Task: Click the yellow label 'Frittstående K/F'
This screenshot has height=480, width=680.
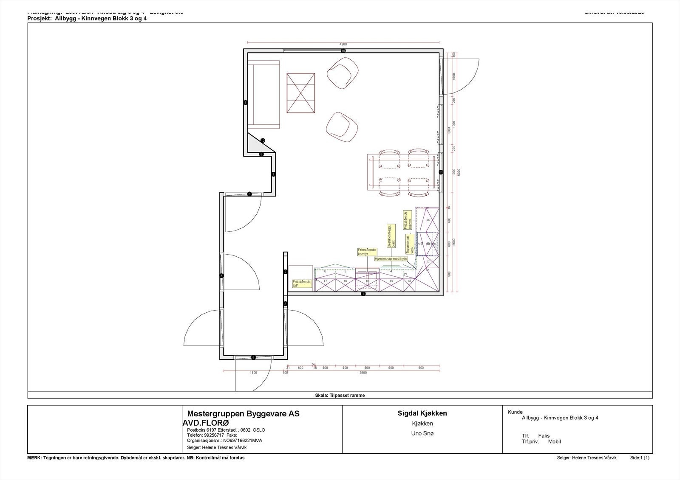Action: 301,284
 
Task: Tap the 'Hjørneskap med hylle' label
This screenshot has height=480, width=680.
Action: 391,258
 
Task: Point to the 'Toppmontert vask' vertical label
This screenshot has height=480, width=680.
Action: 409,244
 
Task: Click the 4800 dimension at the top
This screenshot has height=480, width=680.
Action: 343,44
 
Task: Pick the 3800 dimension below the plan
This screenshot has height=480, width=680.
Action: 363,373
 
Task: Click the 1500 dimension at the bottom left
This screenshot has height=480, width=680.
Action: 253,373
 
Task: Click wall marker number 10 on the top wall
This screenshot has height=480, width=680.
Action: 343,51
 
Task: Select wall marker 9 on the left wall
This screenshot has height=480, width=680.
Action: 245,102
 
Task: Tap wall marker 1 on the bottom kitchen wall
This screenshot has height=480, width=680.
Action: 363,294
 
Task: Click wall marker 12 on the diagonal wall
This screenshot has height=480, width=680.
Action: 263,140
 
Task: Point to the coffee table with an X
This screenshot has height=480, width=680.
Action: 301,93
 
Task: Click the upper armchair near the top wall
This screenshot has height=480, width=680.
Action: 342,73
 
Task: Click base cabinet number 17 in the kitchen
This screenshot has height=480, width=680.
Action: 325,281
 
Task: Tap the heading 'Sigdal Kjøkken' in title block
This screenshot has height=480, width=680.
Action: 422,413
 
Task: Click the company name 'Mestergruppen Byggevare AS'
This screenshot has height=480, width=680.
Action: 243,414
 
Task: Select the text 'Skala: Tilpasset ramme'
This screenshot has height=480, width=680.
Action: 340,396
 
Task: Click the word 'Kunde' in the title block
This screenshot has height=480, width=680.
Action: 515,412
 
